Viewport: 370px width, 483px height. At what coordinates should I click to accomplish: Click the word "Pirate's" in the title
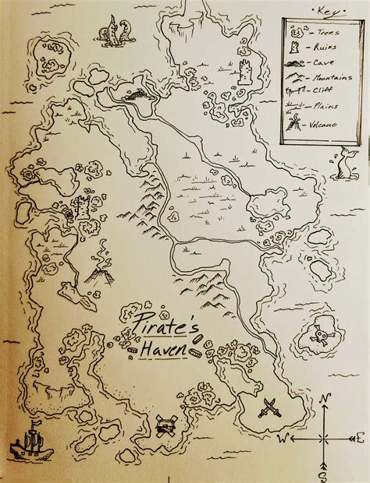pos(152,321)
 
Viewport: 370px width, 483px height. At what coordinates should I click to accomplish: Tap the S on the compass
pos(323,473)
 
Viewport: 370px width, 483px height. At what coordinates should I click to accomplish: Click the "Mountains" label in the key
pos(324,77)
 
